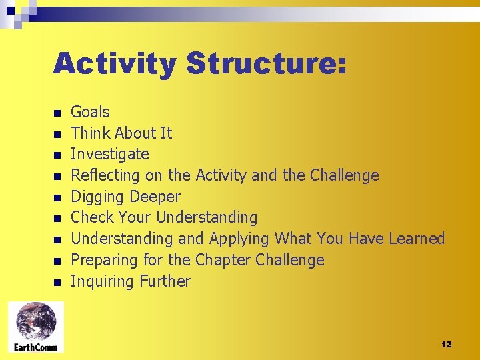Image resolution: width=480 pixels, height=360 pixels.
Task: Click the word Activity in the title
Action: [115, 64]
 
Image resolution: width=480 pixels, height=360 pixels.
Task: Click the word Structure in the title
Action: [266, 64]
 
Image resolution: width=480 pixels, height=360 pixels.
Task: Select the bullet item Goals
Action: [90, 112]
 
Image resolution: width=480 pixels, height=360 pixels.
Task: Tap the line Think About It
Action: [121, 133]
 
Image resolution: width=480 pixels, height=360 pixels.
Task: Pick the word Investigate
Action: [110, 154]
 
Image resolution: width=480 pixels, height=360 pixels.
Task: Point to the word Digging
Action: [97, 197]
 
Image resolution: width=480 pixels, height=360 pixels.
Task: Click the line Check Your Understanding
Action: [164, 217]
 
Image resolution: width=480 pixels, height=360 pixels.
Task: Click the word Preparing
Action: [102, 260]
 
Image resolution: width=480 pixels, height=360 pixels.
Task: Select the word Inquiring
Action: [102, 281]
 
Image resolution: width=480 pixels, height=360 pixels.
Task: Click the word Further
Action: [165, 281]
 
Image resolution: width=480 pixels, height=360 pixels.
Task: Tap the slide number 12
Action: [446, 344]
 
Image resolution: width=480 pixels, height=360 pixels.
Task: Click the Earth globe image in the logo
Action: [36, 321]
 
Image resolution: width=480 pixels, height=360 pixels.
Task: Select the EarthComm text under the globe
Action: [36, 347]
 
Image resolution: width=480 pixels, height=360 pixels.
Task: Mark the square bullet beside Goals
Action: [58, 113]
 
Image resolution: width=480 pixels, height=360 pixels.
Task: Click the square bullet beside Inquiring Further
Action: [58, 283]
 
